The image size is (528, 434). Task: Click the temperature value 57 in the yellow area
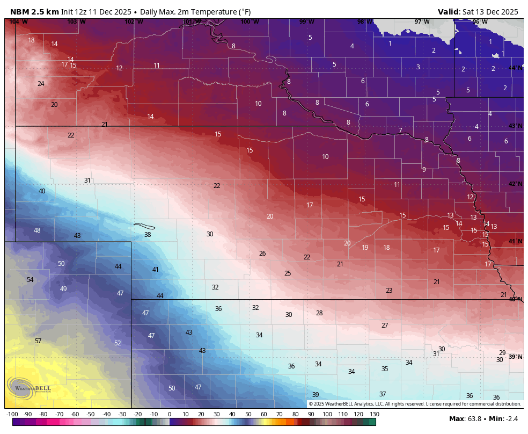click(38, 341)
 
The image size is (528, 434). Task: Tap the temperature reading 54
click(30, 280)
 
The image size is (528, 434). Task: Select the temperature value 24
click(41, 84)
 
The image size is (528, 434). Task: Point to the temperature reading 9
click(424, 170)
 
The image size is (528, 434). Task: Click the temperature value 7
click(400, 131)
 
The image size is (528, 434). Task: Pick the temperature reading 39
click(316, 395)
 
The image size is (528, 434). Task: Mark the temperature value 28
click(319, 313)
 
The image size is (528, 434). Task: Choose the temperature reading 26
click(262, 254)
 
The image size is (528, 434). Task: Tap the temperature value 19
click(365, 248)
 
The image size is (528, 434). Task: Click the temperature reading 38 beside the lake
click(148, 235)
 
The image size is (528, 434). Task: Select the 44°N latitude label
click(515, 68)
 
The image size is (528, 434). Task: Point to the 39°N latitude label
click(515, 357)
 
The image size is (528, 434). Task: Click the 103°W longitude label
click(76, 21)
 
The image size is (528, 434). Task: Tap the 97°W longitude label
click(422, 21)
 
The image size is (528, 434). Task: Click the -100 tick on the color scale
click(12, 414)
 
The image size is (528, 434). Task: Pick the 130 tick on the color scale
click(375, 414)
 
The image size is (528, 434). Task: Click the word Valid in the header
click(448, 12)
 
